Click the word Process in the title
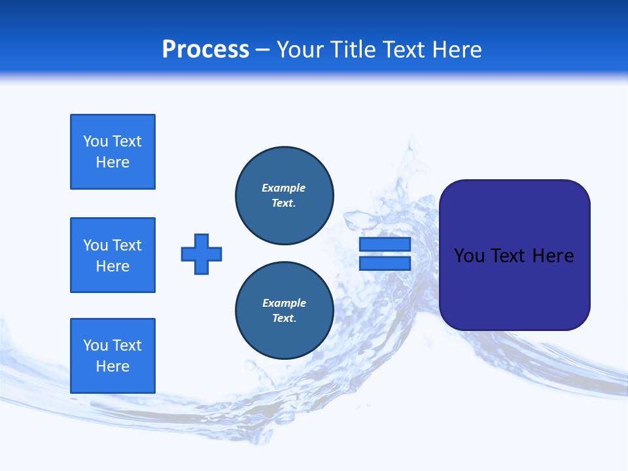point(205,50)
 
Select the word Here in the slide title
point(456,50)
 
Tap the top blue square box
point(113,152)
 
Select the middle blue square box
point(113,255)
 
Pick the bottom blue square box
point(113,356)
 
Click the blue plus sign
point(201,254)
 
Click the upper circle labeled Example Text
point(285,196)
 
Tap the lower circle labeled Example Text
point(285,311)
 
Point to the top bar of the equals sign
point(385,244)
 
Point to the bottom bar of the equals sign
point(385,264)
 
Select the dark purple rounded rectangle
point(514,288)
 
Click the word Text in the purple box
point(508,256)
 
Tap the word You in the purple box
point(469,256)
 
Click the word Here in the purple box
point(553,256)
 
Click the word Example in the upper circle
point(283,188)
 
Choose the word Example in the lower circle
point(284,303)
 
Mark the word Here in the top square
point(113,162)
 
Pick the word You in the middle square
point(96,245)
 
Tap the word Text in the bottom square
point(127,345)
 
